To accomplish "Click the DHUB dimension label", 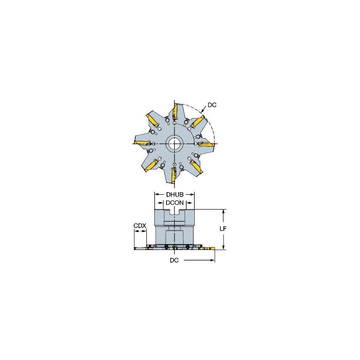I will coord(175,195).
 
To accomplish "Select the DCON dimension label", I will coord(175,203).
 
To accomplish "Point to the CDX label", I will coord(140,226).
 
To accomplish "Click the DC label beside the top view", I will coord(212,105).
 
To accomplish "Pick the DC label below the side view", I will coord(174,261).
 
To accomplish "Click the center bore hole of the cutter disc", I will coord(174,144).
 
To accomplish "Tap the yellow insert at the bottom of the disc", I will coord(173,175).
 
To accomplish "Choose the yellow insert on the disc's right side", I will coord(207,145).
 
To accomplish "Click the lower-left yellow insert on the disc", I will coord(151,166).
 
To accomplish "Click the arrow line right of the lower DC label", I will coord(198,261).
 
